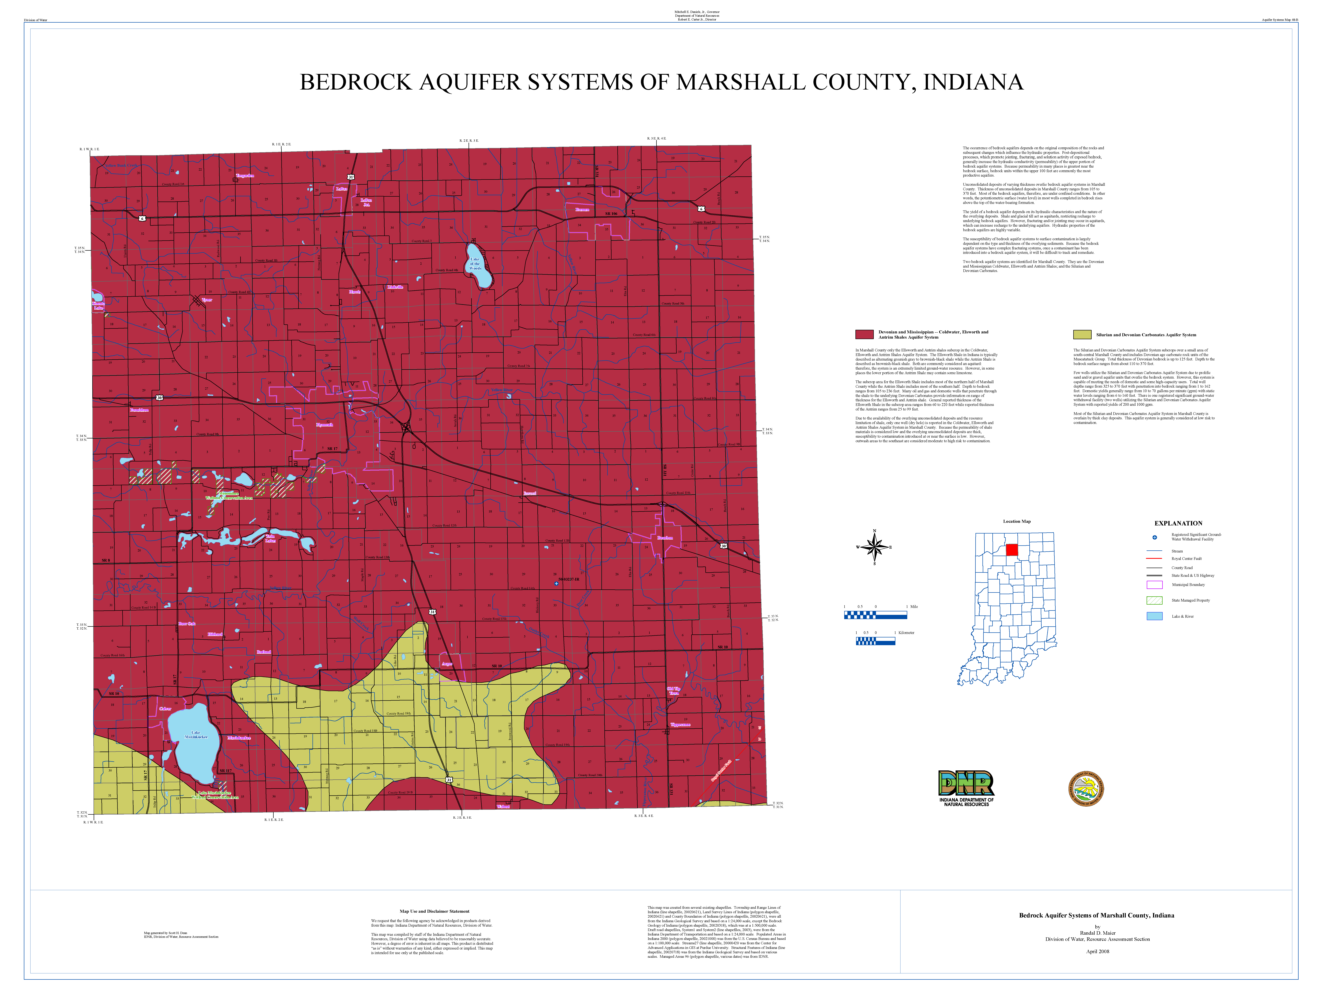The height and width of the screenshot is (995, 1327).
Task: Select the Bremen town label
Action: point(582,209)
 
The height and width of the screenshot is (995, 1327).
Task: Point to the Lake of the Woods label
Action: point(475,264)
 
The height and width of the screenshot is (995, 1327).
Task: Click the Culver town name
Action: point(165,708)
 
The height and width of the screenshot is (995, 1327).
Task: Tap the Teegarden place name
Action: point(245,176)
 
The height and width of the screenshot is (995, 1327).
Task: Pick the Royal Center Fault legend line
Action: point(1154,558)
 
